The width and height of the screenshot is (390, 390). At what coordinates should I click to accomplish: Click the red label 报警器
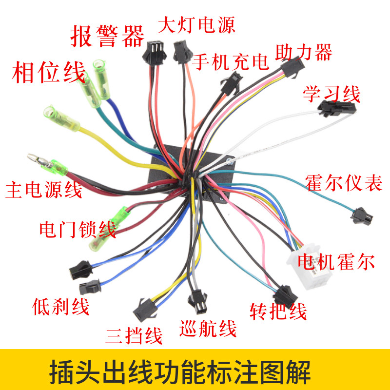(x=108, y=35)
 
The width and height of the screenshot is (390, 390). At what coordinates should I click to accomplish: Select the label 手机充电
(x=230, y=62)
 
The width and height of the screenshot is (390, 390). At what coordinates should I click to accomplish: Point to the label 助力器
(x=303, y=52)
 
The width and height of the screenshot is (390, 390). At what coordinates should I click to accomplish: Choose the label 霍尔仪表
(x=344, y=181)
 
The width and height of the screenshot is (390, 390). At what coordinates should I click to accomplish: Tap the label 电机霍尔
(x=338, y=262)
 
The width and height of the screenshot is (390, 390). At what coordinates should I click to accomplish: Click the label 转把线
(x=278, y=310)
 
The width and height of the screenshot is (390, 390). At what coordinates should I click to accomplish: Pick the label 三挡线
(x=134, y=335)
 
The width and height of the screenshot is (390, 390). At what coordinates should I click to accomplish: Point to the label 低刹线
(x=61, y=307)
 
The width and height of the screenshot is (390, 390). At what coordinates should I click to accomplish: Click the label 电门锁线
(x=78, y=229)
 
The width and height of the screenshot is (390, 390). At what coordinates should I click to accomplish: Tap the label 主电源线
(x=44, y=190)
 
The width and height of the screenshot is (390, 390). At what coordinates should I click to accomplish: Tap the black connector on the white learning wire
(x=333, y=108)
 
